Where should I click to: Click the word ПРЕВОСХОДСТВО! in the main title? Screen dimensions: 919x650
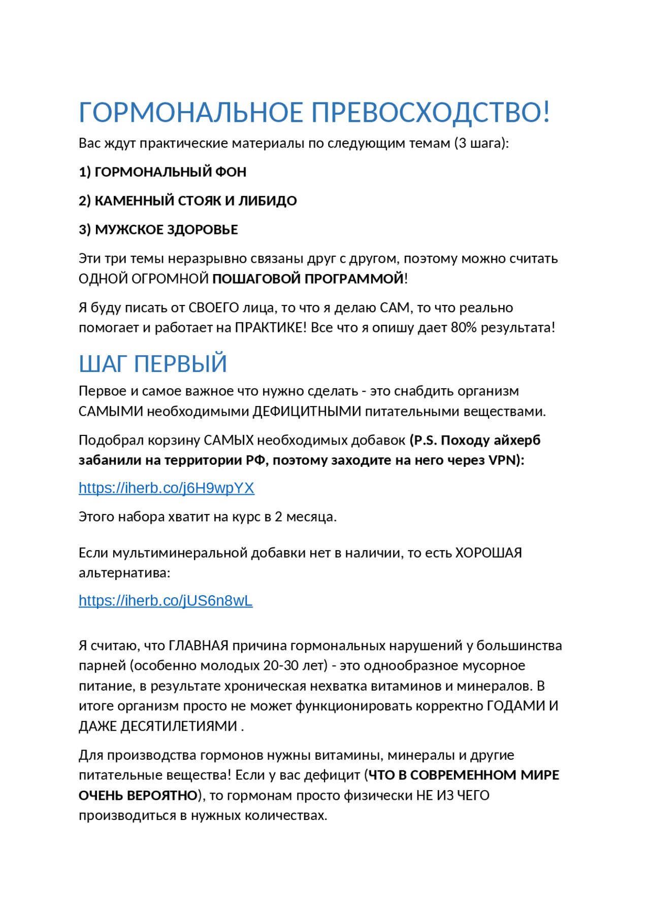coord(430,112)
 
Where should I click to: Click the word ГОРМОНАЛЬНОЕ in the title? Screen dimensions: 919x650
coord(191,112)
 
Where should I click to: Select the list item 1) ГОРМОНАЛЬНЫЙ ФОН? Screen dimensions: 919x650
coord(162,172)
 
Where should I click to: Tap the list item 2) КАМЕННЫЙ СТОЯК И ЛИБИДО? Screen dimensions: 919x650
coord(187,201)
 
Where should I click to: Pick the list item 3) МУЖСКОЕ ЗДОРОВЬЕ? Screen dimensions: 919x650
coord(158,230)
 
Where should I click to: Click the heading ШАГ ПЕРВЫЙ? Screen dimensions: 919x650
coord(152,364)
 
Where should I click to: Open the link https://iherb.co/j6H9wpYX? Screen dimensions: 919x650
coord(166,488)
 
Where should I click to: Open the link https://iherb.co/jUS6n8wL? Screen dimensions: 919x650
coord(165,601)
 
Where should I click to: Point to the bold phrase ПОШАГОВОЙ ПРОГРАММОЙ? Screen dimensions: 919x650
coord(308,279)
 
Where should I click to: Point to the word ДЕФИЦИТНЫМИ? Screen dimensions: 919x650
coord(307,412)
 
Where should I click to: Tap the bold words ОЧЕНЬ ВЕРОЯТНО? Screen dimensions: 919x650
coord(138,796)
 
